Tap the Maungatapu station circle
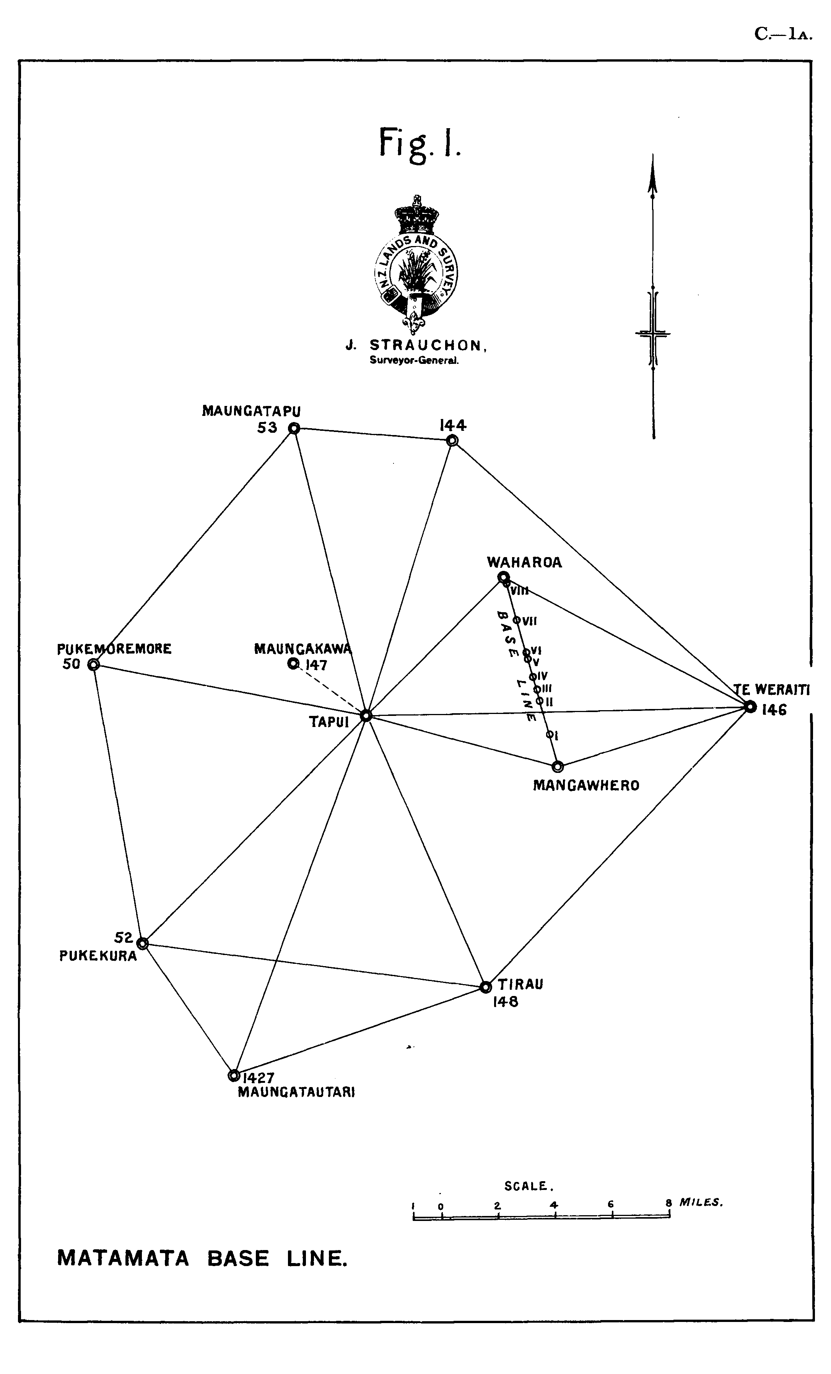tap(294, 428)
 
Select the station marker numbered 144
tap(452, 440)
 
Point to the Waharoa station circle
tap(503, 577)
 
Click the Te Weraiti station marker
tap(750, 707)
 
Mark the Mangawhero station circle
tap(557, 766)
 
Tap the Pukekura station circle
tap(142, 943)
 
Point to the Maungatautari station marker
tap(234, 1075)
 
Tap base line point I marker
tap(550, 734)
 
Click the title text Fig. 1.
tap(420, 143)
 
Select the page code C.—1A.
tap(783, 34)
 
